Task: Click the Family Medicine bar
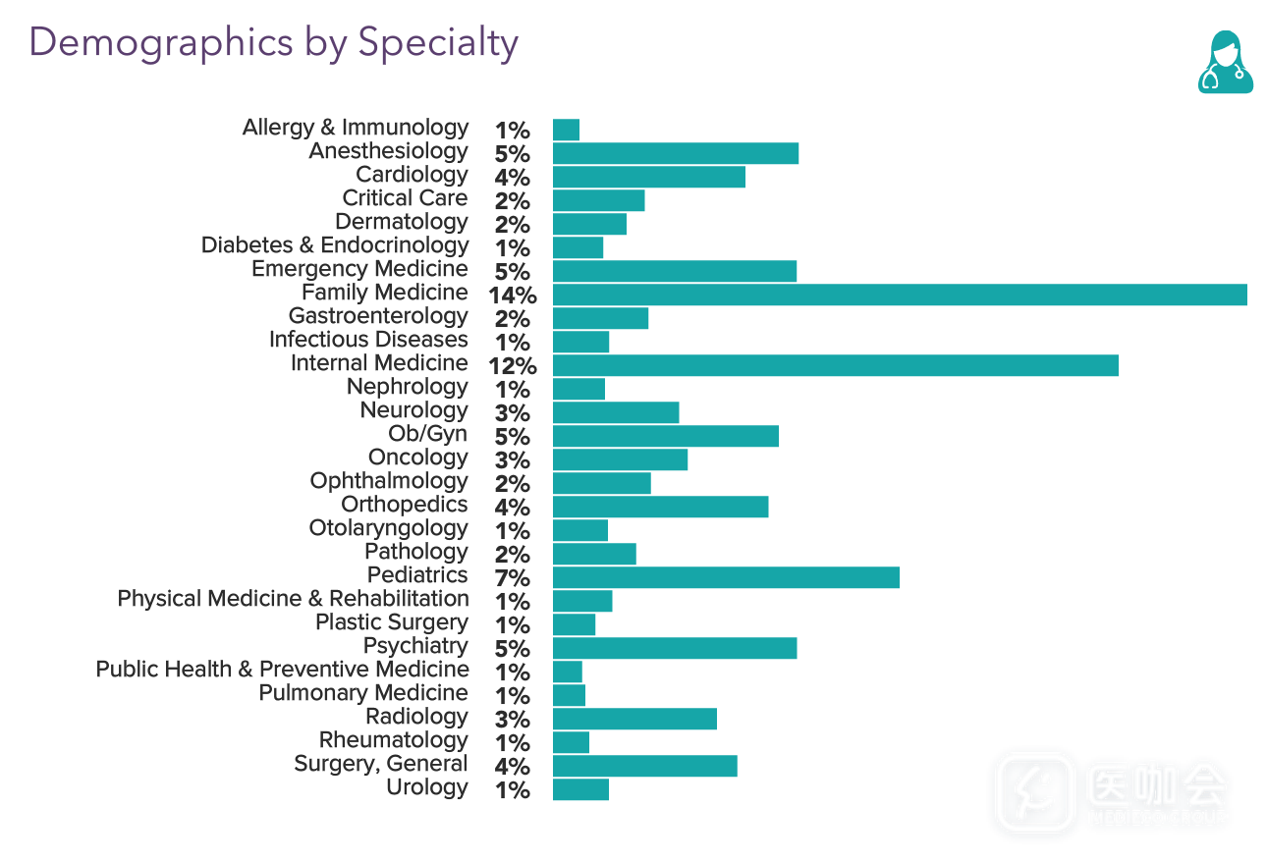pyautogui.click(x=900, y=295)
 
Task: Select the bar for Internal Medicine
pyautogui.click(x=835, y=365)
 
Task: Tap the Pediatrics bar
pyautogui.click(x=726, y=577)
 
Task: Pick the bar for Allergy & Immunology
pyautogui.click(x=566, y=130)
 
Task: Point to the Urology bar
pyautogui.click(x=580, y=789)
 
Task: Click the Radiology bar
pyautogui.click(x=634, y=719)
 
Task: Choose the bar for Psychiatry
pyautogui.click(x=675, y=648)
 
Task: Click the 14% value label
pyautogui.click(x=512, y=296)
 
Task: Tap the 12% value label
pyautogui.click(x=512, y=366)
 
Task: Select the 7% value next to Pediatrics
pyautogui.click(x=513, y=578)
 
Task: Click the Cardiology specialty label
pyautogui.click(x=412, y=175)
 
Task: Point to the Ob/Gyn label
pyautogui.click(x=427, y=434)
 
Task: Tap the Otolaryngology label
pyautogui.click(x=388, y=528)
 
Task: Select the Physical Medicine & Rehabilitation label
pyautogui.click(x=293, y=599)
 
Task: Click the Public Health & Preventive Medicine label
pyautogui.click(x=282, y=670)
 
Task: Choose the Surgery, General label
pyautogui.click(x=381, y=764)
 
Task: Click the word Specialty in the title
pyautogui.click(x=437, y=43)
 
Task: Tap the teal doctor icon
pyautogui.click(x=1225, y=62)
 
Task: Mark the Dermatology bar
pyautogui.click(x=589, y=224)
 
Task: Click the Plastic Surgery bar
pyautogui.click(x=574, y=624)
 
